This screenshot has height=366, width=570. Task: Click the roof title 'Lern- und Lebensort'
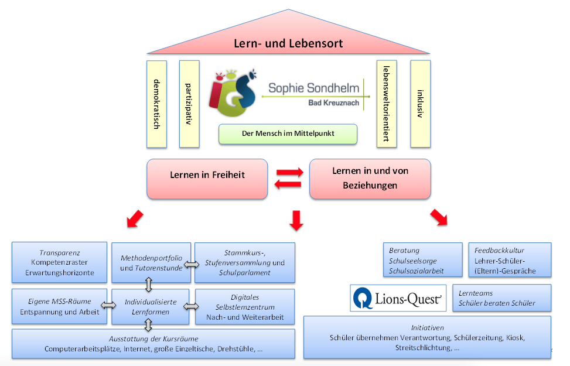coord(288,43)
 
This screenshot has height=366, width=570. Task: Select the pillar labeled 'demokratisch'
coord(156,104)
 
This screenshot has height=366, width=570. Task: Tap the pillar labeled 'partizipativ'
coord(189,104)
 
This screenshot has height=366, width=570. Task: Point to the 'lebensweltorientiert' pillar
coord(387,104)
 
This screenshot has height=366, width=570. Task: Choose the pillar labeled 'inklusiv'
coord(420,104)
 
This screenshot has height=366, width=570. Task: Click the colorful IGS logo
coord(233,93)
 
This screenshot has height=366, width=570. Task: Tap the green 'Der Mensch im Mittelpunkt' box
coord(288,134)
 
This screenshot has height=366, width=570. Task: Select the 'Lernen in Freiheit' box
coord(207,179)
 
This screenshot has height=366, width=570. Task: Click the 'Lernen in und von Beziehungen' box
coord(370,179)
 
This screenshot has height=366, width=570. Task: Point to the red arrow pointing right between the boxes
coord(290,172)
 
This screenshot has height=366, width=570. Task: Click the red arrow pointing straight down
coord(296,220)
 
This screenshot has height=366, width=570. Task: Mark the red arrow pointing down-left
coord(135,219)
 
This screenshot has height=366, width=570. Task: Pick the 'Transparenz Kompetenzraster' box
coord(59,262)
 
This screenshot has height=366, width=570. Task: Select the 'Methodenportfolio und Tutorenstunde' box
coord(151,263)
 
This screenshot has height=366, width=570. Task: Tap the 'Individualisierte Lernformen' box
coord(151,307)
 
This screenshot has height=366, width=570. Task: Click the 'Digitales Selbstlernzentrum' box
coord(245,307)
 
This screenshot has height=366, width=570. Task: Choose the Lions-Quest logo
coord(398,298)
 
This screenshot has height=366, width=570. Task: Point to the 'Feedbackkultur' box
coord(510,260)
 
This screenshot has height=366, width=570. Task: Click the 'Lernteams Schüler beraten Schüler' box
coord(502,298)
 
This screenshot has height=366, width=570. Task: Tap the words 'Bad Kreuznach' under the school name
coord(334,103)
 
